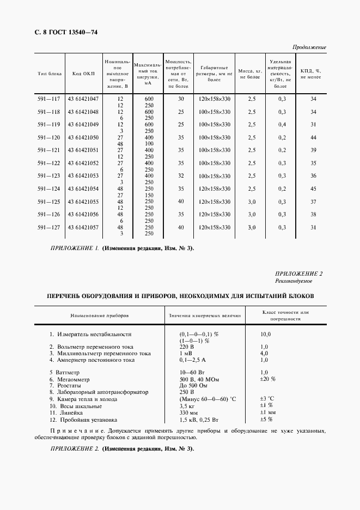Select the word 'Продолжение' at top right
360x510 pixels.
[309, 47]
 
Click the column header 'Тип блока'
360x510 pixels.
[50, 74]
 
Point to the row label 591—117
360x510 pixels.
[48, 99]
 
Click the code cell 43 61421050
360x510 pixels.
[83, 137]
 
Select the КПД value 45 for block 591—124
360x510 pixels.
[313, 189]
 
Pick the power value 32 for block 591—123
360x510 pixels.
[181, 175]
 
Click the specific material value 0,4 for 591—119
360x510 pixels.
[282, 124]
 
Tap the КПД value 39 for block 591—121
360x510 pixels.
[313, 150]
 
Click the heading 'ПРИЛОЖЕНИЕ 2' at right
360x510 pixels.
[299, 274]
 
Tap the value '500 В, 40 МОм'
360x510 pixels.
[200, 379]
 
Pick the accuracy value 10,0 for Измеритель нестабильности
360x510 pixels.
[265, 334]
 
